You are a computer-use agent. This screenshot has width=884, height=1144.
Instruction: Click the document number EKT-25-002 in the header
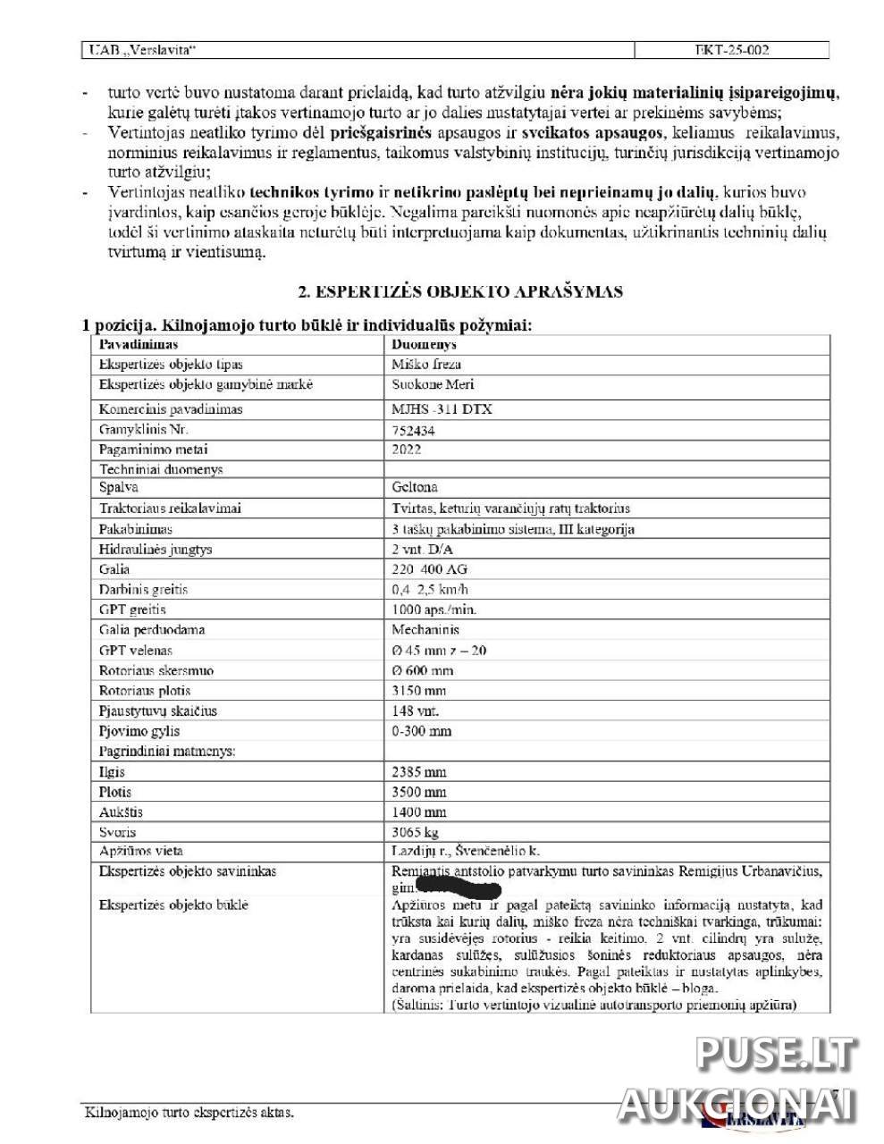click(x=731, y=50)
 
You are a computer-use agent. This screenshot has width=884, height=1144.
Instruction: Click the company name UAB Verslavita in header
click(x=141, y=50)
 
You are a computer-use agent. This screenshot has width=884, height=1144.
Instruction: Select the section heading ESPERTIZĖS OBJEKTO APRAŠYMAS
click(x=459, y=291)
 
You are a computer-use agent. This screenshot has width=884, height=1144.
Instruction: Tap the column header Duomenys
click(x=424, y=344)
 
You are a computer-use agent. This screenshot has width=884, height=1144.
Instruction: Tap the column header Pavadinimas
click(x=139, y=344)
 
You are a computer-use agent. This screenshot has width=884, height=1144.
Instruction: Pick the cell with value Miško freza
click(x=426, y=365)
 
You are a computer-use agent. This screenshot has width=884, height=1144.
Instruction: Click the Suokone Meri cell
click(x=433, y=385)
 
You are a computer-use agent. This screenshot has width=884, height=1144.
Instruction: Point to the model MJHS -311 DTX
click(x=442, y=409)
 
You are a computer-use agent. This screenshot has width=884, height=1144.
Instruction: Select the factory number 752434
click(x=414, y=430)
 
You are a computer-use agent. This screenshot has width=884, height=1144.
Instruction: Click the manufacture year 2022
click(x=407, y=450)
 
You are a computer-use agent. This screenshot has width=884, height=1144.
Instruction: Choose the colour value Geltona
click(x=414, y=488)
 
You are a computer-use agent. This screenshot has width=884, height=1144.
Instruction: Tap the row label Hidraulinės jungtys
click(x=156, y=550)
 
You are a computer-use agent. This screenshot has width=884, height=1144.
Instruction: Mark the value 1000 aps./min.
click(x=434, y=610)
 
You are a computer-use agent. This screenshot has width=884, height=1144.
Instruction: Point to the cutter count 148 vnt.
click(x=416, y=711)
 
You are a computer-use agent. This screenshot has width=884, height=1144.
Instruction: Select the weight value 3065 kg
click(x=416, y=832)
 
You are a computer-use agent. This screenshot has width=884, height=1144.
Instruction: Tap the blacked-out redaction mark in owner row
click(x=459, y=888)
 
